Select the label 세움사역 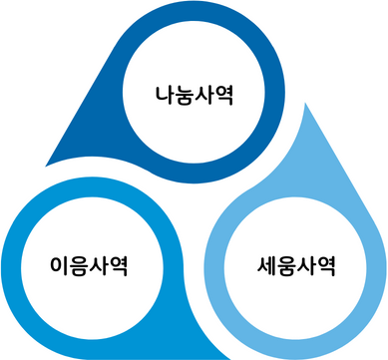[x=295, y=266]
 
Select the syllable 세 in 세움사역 [x=265, y=266]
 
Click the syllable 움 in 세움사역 [x=285, y=266]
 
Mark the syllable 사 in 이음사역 [x=102, y=266]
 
